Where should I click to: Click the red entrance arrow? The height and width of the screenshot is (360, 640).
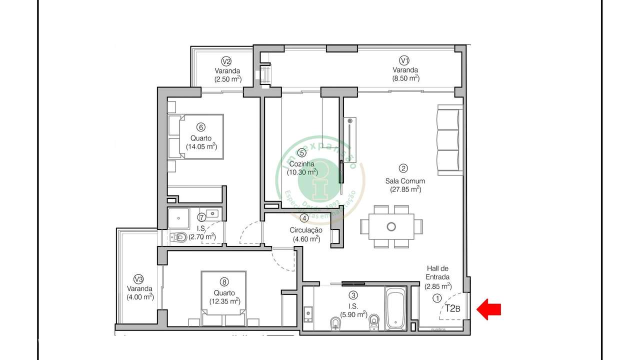[x=488, y=309]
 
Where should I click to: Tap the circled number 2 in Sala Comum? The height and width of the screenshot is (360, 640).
[x=403, y=168]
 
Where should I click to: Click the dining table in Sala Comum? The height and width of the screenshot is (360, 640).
[x=391, y=226]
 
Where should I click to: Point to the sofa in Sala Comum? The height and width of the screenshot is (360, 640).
[x=449, y=140]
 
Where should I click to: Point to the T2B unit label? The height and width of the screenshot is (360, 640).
[x=452, y=308]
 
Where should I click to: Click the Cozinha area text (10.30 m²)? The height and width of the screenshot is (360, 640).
[x=302, y=172]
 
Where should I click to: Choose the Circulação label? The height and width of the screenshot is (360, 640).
[x=306, y=230]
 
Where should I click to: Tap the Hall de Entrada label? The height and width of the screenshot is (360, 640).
[x=437, y=272]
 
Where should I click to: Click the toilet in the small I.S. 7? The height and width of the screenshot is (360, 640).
[x=178, y=237]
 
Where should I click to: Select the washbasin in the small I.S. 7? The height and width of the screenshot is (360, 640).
[x=213, y=214]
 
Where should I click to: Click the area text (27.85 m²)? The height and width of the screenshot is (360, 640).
[x=405, y=189]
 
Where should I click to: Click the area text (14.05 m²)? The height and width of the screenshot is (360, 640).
[x=201, y=146]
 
